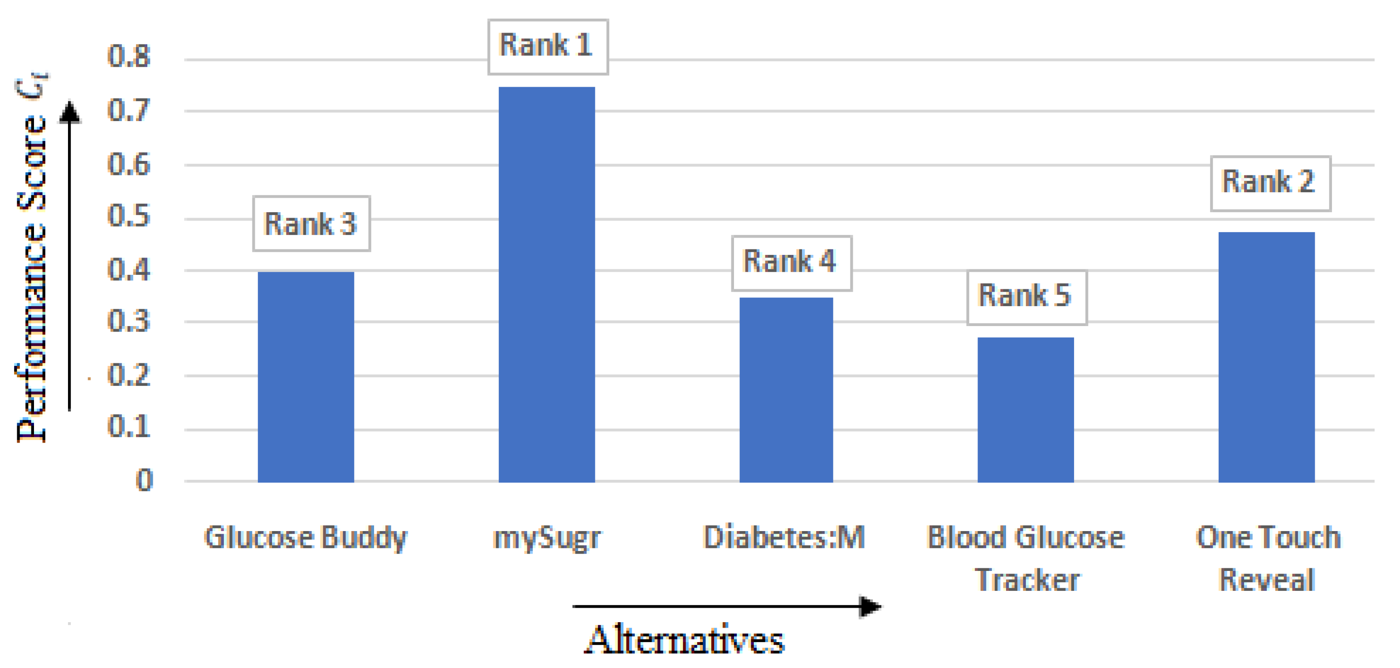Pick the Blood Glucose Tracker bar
tap(1026, 409)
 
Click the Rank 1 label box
tap(548, 46)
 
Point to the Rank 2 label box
tap(1270, 183)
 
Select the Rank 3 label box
tap(311, 224)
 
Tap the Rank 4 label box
tap(791, 263)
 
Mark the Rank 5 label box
tap(1026, 297)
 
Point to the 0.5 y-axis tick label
tap(129, 216)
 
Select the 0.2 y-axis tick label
tap(129, 375)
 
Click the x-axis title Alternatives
tap(684, 640)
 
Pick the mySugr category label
tap(547, 537)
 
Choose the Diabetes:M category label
tap(784, 537)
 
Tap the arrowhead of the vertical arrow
tap(69, 112)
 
